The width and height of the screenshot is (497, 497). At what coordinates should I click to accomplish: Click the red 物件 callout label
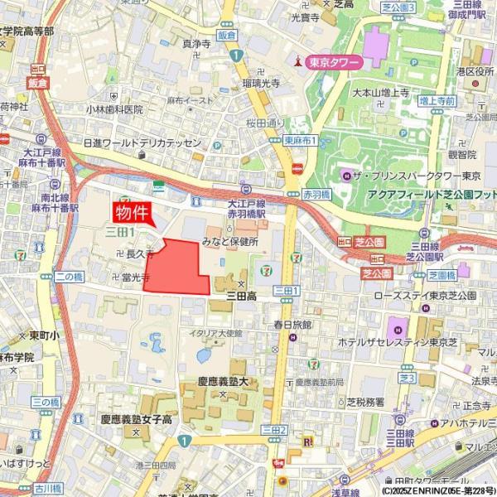click(134, 212)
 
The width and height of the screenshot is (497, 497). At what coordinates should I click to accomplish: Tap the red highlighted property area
click(177, 268)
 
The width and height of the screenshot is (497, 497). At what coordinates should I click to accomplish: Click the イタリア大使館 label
click(215, 333)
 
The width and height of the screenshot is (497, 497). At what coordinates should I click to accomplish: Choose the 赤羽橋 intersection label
click(317, 193)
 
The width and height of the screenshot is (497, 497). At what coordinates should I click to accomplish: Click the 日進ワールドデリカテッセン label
click(142, 143)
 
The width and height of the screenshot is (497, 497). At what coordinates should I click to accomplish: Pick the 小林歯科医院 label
click(114, 109)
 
